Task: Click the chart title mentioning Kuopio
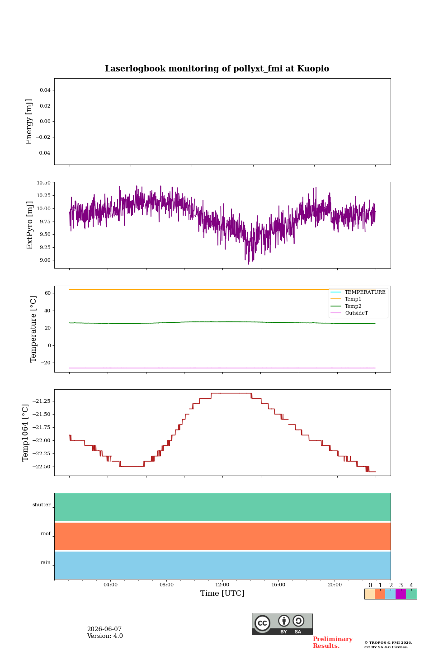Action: click(217, 69)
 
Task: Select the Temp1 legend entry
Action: click(353, 299)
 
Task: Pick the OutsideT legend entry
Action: click(356, 313)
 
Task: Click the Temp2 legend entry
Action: click(353, 306)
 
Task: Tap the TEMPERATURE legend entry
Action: click(365, 292)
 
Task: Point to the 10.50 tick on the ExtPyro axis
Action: click(43, 183)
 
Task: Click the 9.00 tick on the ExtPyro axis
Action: click(45, 260)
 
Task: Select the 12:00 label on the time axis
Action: click(222, 585)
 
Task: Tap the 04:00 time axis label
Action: click(110, 585)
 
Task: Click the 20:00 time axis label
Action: click(335, 585)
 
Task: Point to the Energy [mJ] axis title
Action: click(29, 122)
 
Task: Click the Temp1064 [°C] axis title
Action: click(25, 433)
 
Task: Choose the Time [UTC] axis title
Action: click(222, 593)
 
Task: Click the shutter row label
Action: click(42, 505)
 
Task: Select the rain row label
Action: click(46, 562)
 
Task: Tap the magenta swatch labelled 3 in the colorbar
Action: click(401, 594)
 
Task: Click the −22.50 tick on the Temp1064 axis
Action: click(41, 467)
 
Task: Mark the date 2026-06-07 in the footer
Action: click(104, 629)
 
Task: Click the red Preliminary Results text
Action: click(333, 642)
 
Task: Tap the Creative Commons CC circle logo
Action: click(263, 623)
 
